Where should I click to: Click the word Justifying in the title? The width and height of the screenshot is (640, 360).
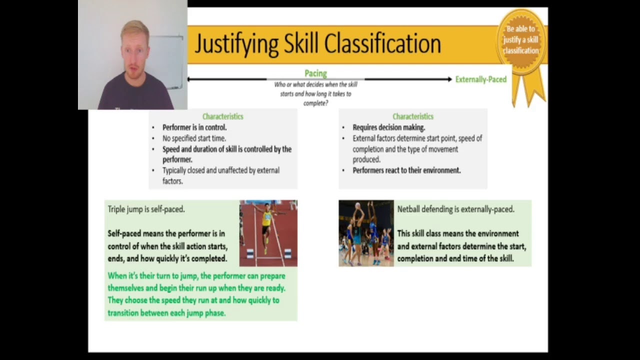236,44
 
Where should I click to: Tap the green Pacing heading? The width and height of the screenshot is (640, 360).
315,73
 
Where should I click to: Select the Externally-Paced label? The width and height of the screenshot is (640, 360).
480,79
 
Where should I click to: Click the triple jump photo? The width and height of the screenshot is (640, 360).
268,233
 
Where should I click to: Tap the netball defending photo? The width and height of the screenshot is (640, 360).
366,233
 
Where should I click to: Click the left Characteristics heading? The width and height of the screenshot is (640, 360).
222,116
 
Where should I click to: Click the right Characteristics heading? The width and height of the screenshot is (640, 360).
412,116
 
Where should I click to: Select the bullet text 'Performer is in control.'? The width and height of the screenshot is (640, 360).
194,127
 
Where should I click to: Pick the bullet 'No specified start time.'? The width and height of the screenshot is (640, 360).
194,138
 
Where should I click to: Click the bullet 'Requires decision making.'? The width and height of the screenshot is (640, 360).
388,127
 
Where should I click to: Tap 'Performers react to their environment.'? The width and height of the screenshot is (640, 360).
406,170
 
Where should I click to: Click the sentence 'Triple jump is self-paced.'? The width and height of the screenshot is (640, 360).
146,209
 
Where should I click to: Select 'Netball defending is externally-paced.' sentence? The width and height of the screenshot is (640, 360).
455,209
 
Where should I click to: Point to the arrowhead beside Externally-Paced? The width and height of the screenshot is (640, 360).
449,79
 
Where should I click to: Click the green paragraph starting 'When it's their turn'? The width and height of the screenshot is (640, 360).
196,294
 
